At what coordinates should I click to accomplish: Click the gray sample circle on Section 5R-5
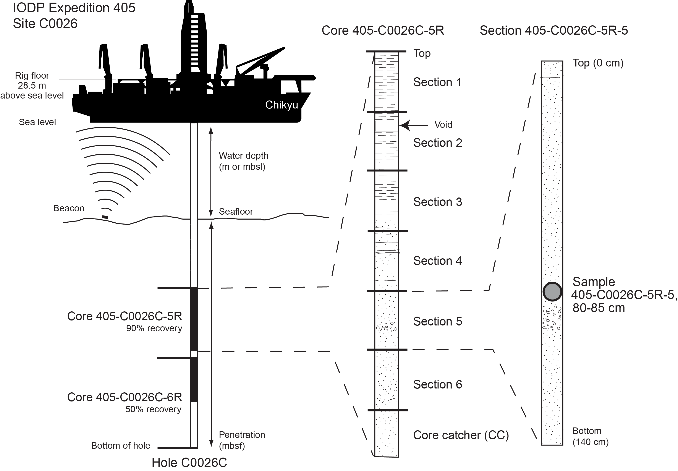tap(552, 291)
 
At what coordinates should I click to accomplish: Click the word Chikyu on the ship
tap(282, 105)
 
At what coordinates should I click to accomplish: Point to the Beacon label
tap(69, 208)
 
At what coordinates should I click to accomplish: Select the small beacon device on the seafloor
tap(105, 217)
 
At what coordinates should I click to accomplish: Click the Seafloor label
tap(236, 212)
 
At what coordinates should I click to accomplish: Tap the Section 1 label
tap(437, 82)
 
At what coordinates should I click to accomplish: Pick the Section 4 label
tap(437, 261)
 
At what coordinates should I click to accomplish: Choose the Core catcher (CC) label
tap(461, 435)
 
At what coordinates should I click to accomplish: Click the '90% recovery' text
tap(154, 329)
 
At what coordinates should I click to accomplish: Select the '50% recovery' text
tap(153, 409)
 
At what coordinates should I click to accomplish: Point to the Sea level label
tap(37, 122)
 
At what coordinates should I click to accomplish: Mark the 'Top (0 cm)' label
tap(598, 63)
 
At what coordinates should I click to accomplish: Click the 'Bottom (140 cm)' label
tap(590, 437)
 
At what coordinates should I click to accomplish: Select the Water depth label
tap(243, 161)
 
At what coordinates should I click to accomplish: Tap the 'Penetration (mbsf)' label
tap(242, 440)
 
